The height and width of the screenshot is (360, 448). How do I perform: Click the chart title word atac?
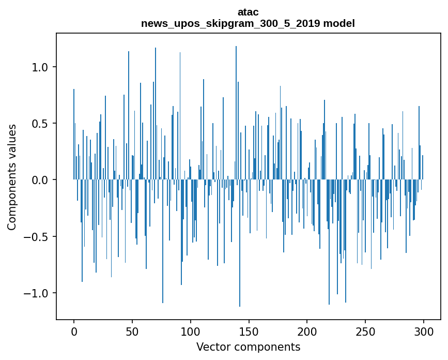coord(248,12)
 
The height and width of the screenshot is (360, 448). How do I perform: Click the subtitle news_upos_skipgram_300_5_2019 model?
coord(248,23)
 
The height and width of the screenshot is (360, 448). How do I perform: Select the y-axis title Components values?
coord(12,177)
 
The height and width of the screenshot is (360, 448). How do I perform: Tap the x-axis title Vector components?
coord(248,347)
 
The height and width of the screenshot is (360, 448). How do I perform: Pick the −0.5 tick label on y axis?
coord(38,237)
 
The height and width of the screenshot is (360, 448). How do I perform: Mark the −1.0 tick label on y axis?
coord(38,293)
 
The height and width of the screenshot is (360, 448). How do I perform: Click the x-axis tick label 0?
coord(74,331)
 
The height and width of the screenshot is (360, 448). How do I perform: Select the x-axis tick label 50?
coord(132,331)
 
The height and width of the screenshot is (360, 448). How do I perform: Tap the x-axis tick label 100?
coord(191,331)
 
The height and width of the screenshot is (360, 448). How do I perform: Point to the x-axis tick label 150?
coord(249,331)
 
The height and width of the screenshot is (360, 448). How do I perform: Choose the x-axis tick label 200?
coord(307,331)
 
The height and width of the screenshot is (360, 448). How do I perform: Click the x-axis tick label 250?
coord(365,331)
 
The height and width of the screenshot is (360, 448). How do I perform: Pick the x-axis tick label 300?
coord(424,331)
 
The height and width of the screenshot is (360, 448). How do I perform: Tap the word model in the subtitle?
coord(343,23)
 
